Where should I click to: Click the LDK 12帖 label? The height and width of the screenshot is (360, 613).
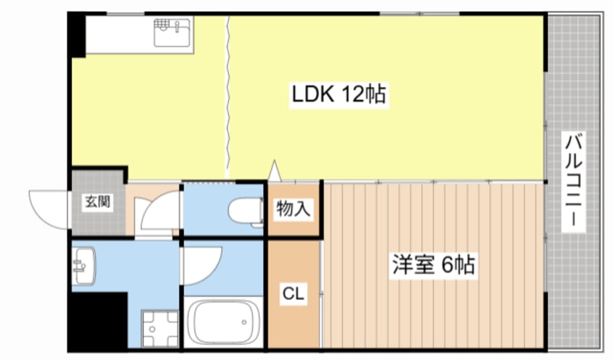point(338,94)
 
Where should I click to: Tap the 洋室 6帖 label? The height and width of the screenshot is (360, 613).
point(434,265)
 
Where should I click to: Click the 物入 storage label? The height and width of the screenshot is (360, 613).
point(293,209)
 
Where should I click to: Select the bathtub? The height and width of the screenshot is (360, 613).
point(223,322)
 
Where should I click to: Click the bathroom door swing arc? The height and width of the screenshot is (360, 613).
point(201,264)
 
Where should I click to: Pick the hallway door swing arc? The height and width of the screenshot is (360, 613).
point(157,212)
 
